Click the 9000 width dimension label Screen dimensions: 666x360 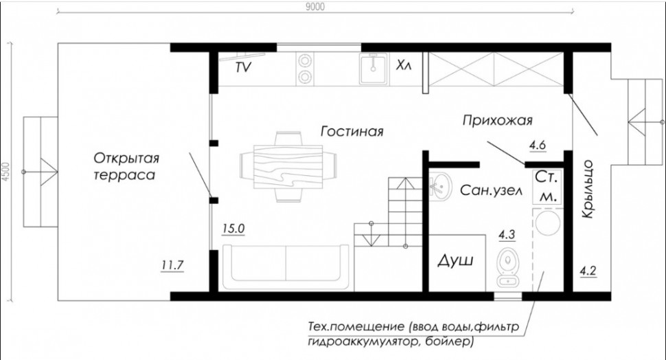pos(314,6)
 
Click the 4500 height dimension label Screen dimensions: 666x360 pos(6,172)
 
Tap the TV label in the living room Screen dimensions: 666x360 pos(243,67)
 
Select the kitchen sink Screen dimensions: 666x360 pos(374,69)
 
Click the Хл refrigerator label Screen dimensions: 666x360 pos(404,65)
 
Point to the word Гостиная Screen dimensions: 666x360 pos(352,131)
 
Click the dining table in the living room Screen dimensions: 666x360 pos(288,167)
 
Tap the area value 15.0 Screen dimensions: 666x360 pos(233,229)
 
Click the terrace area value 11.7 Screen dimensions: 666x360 pos(172,266)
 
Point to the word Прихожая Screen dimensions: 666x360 pos(497,121)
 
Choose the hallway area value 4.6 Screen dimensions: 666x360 pos(538,146)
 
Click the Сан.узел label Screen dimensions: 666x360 pos(491,191)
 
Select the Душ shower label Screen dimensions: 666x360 pos(455,260)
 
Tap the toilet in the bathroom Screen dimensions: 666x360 pos(507,265)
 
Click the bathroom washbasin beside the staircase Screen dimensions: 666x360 pos(440,185)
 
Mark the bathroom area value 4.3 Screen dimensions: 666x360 pos(507,234)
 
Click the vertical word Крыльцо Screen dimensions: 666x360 pos(588,190)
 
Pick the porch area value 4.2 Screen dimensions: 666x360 pos(588,270)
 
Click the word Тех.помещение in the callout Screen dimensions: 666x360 pos(356,327)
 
